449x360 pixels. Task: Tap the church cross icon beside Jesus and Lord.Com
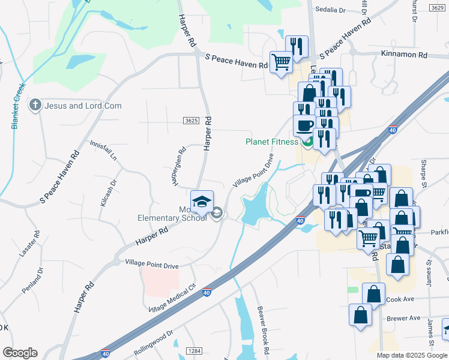point(35,106)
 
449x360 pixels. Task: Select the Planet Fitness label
point(271,142)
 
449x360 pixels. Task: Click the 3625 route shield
point(191,121)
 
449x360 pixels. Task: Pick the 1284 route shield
point(193,350)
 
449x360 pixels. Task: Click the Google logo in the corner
point(20,353)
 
